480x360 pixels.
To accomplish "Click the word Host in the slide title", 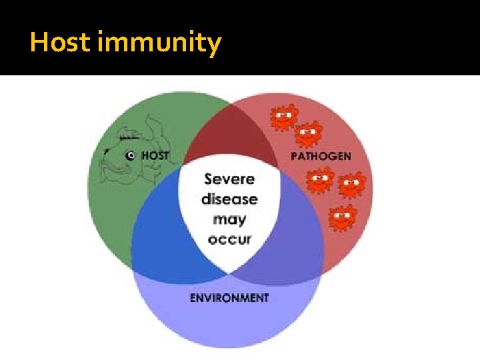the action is (61, 43).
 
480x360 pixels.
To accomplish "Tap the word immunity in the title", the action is (159, 44).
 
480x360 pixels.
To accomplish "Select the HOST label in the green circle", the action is (155, 155).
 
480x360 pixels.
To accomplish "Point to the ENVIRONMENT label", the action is (229, 297).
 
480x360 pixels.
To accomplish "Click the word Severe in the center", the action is (229, 179).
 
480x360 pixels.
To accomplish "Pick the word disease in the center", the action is (229, 199).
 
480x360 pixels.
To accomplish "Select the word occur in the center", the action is (229, 239).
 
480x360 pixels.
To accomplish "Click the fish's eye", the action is (131, 155).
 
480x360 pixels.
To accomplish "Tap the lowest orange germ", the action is (343, 217).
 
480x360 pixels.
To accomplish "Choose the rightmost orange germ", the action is (351, 185).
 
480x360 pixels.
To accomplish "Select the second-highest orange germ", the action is (307, 135).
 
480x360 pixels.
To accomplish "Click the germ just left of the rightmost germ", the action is (321, 179).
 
